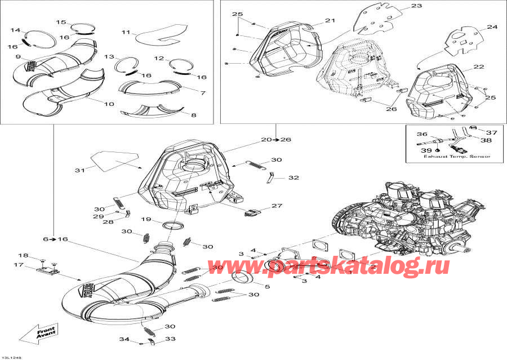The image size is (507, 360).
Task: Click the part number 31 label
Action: tap(78, 170)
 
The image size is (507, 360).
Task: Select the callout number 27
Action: tap(277, 206)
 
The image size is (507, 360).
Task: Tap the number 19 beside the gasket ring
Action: tap(145, 219)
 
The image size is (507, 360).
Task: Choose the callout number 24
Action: tap(492, 27)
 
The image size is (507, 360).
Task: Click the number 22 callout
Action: tap(478, 67)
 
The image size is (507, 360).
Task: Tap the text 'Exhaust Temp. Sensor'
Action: tap(457, 157)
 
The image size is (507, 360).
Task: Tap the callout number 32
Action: tap(293, 177)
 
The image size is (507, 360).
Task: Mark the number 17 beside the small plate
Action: tap(18, 265)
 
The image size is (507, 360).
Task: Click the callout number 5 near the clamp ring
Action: tap(268, 287)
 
